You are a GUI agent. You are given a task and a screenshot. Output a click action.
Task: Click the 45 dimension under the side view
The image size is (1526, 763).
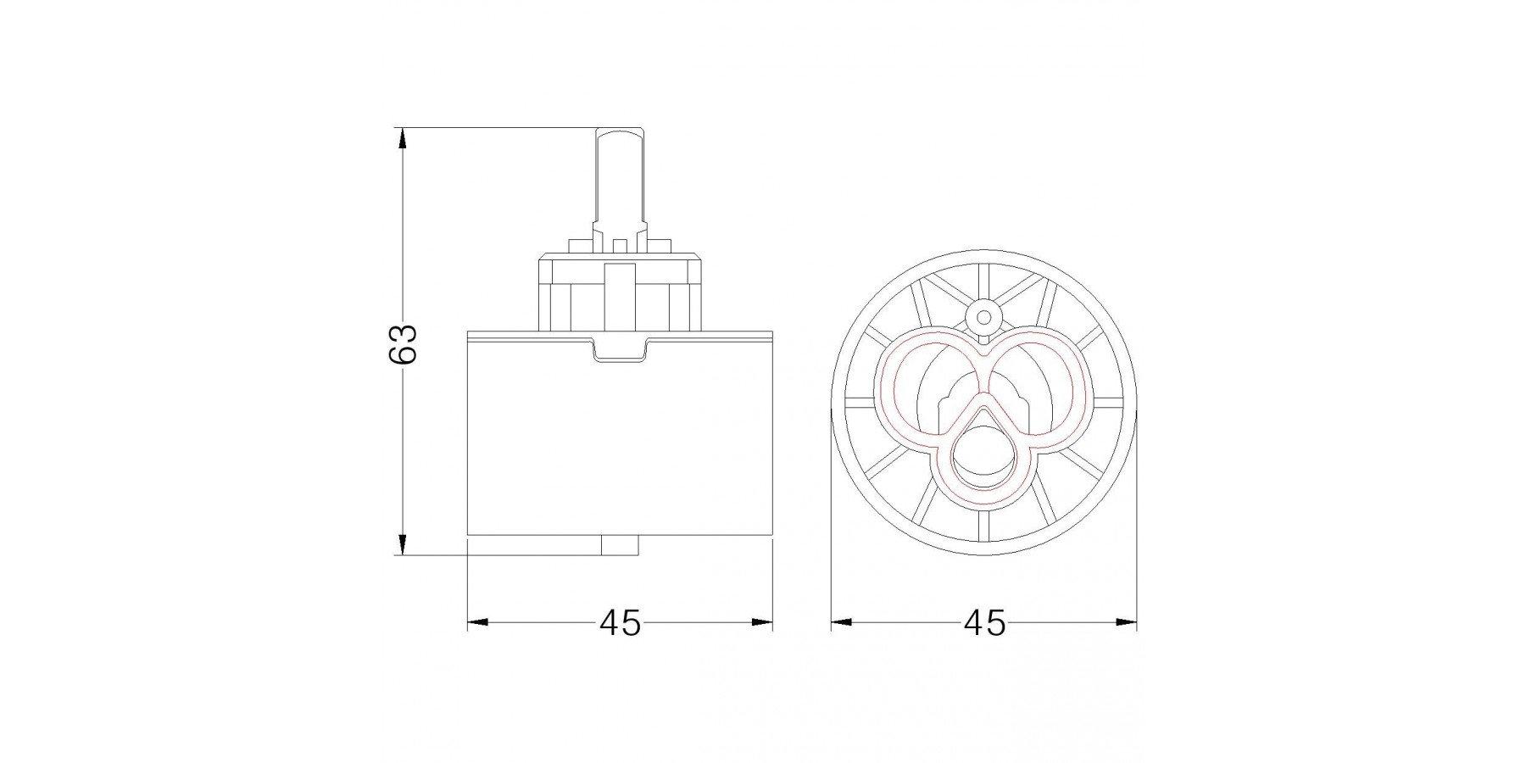(621, 624)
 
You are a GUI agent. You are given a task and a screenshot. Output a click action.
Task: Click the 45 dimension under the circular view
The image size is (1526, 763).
(984, 624)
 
